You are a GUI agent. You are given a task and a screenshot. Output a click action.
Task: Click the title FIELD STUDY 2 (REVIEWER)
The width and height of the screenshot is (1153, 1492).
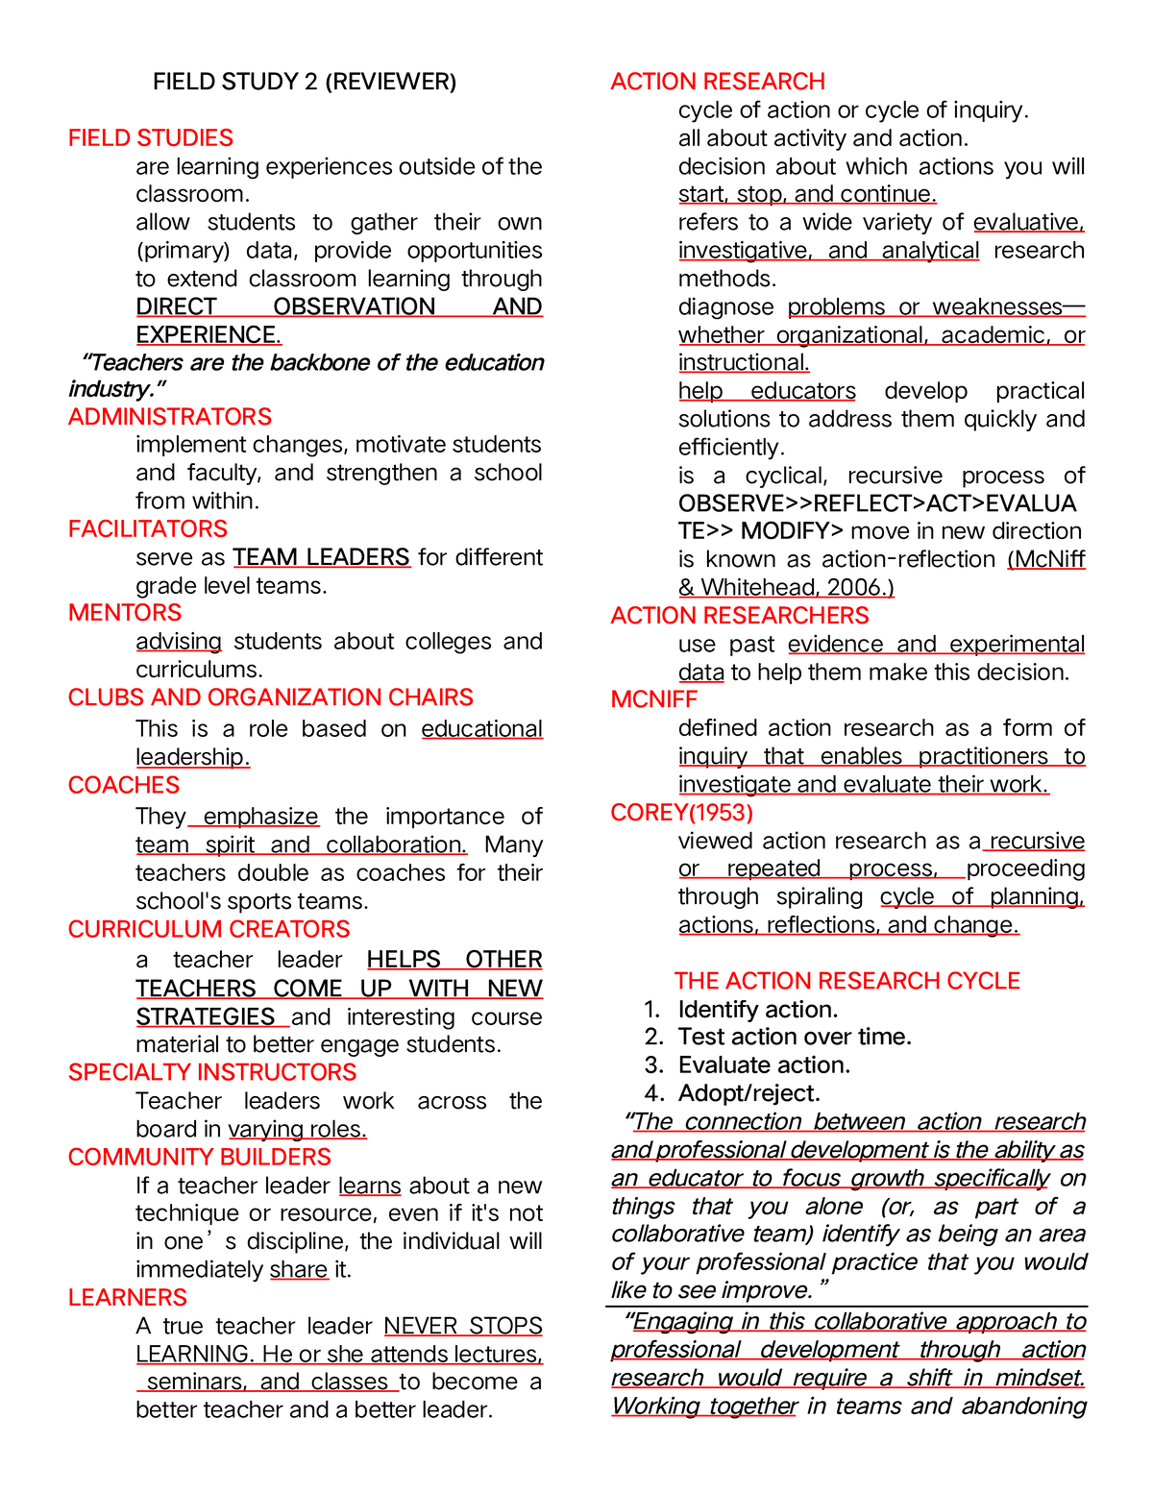[x=305, y=82]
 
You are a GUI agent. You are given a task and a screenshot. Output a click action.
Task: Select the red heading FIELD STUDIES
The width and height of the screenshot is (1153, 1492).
[x=151, y=138]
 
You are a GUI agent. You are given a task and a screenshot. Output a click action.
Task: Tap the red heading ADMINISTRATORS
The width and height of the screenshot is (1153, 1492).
[x=170, y=417]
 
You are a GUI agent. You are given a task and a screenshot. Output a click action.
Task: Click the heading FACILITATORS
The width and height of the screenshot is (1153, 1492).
[x=148, y=529]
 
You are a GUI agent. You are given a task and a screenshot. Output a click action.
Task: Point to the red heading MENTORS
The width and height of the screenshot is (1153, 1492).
[x=125, y=613]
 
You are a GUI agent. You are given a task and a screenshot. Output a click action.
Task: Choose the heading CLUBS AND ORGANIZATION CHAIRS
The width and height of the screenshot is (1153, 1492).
[x=271, y=697]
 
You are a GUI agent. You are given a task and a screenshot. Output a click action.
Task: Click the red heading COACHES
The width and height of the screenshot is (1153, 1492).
[x=124, y=786]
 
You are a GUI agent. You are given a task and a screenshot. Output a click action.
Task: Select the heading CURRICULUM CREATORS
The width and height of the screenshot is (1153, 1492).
[x=209, y=930]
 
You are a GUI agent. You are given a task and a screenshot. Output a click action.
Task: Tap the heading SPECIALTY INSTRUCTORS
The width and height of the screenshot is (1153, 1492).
[x=212, y=1073]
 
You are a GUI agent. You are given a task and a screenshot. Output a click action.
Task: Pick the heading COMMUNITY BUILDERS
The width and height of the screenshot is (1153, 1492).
[x=200, y=1158]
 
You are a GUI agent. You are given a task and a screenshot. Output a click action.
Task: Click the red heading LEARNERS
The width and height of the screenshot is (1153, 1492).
[x=128, y=1298]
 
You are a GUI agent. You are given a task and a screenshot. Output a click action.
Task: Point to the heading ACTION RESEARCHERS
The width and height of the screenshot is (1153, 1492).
[x=740, y=616]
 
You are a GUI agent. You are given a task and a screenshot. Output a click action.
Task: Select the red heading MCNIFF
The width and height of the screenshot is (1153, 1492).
[x=654, y=699]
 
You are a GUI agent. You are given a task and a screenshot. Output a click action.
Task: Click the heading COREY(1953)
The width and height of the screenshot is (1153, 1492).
[x=682, y=813]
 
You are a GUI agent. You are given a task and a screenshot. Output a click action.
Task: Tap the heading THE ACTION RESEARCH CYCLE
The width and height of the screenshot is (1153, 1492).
[x=847, y=981]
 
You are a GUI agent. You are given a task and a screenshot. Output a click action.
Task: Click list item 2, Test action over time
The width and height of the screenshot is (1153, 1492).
[x=795, y=1037]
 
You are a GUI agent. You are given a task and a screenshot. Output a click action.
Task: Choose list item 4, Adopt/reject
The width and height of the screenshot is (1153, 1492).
[x=748, y=1093]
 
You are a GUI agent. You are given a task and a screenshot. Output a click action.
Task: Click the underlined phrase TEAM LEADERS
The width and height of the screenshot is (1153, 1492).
[x=321, y=557]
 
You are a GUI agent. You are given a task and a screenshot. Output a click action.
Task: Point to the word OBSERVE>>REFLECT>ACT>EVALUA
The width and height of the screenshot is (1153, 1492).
[x=877, y=503]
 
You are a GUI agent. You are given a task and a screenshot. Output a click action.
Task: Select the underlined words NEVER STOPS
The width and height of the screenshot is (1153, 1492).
[x=463, y=1326]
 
